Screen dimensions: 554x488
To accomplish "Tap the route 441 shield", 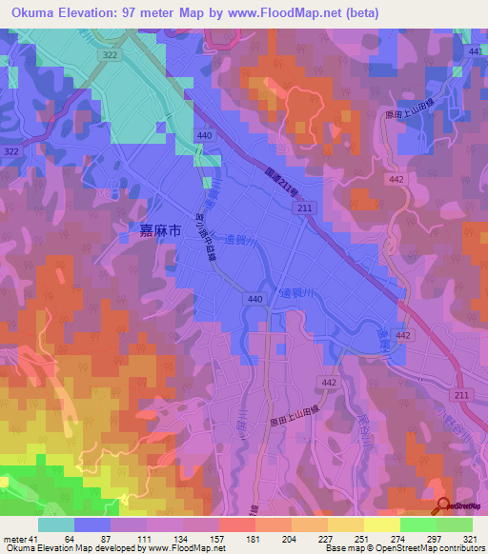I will tap(475, 50).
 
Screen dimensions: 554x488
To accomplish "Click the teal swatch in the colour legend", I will tap(56, 524).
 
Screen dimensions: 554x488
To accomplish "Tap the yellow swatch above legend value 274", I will tap(381, 524).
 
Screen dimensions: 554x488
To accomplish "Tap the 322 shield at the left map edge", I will tap(11, 151).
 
